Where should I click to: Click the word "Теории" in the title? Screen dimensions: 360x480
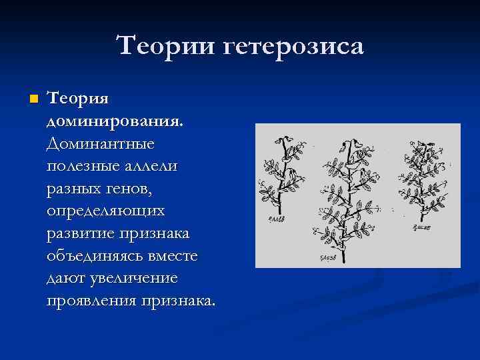[163, 47]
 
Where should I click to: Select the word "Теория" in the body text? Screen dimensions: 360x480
[79, 99]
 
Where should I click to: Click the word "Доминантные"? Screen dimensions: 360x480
[101, 143]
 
